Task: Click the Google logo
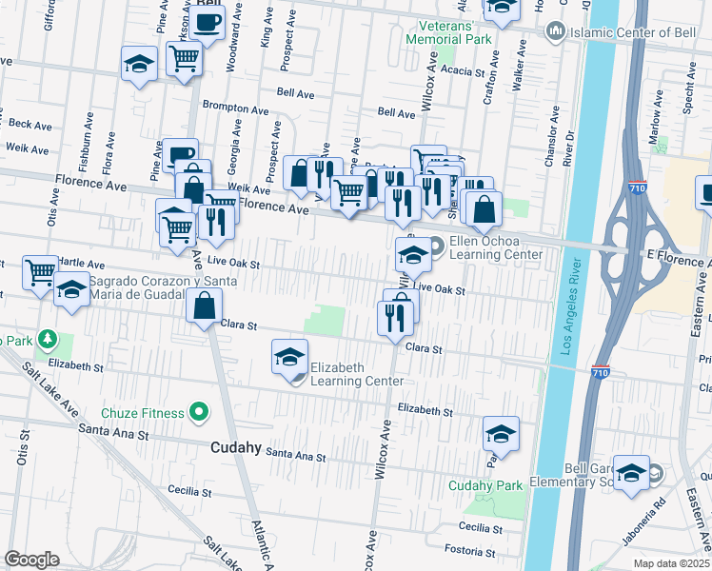pos(31,560)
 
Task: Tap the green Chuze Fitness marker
pos(198,413)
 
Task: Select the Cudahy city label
pos(236,446)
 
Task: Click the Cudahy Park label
pos(485,485)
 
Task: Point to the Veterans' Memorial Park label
pos(448,32)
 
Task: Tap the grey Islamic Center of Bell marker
pos(555,32)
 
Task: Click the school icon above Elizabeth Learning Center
pos(289,357)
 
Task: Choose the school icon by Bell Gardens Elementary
pos(631,473)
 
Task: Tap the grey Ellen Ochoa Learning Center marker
pos(437,246)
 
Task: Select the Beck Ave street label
pos(30,125)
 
